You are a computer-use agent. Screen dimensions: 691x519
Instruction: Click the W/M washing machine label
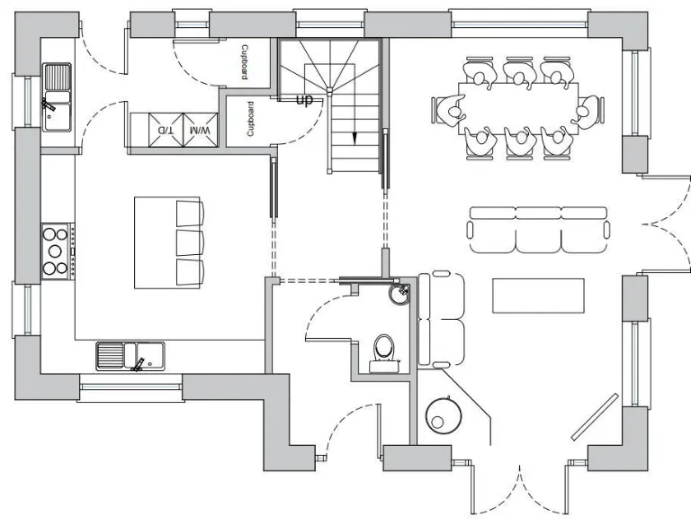point(200,131)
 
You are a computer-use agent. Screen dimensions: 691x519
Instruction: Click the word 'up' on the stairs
point(304,100)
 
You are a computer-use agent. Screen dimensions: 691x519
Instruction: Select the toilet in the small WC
point(384,349)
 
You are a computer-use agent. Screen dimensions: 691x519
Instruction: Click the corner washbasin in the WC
point(399,294)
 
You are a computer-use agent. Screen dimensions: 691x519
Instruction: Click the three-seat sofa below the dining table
point(538,231)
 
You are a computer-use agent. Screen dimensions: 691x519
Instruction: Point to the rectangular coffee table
point(538,296)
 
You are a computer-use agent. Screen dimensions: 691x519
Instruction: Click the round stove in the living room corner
point(443,417)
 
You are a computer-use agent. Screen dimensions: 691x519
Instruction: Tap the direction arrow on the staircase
point(354,138)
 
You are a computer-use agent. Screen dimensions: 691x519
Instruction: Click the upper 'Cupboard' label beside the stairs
point(245,64)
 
